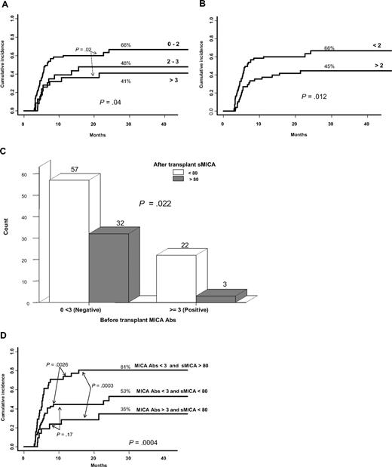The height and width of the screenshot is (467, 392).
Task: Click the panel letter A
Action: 5,5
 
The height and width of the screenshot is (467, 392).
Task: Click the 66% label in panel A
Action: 127,45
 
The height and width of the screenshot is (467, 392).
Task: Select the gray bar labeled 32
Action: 109,267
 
